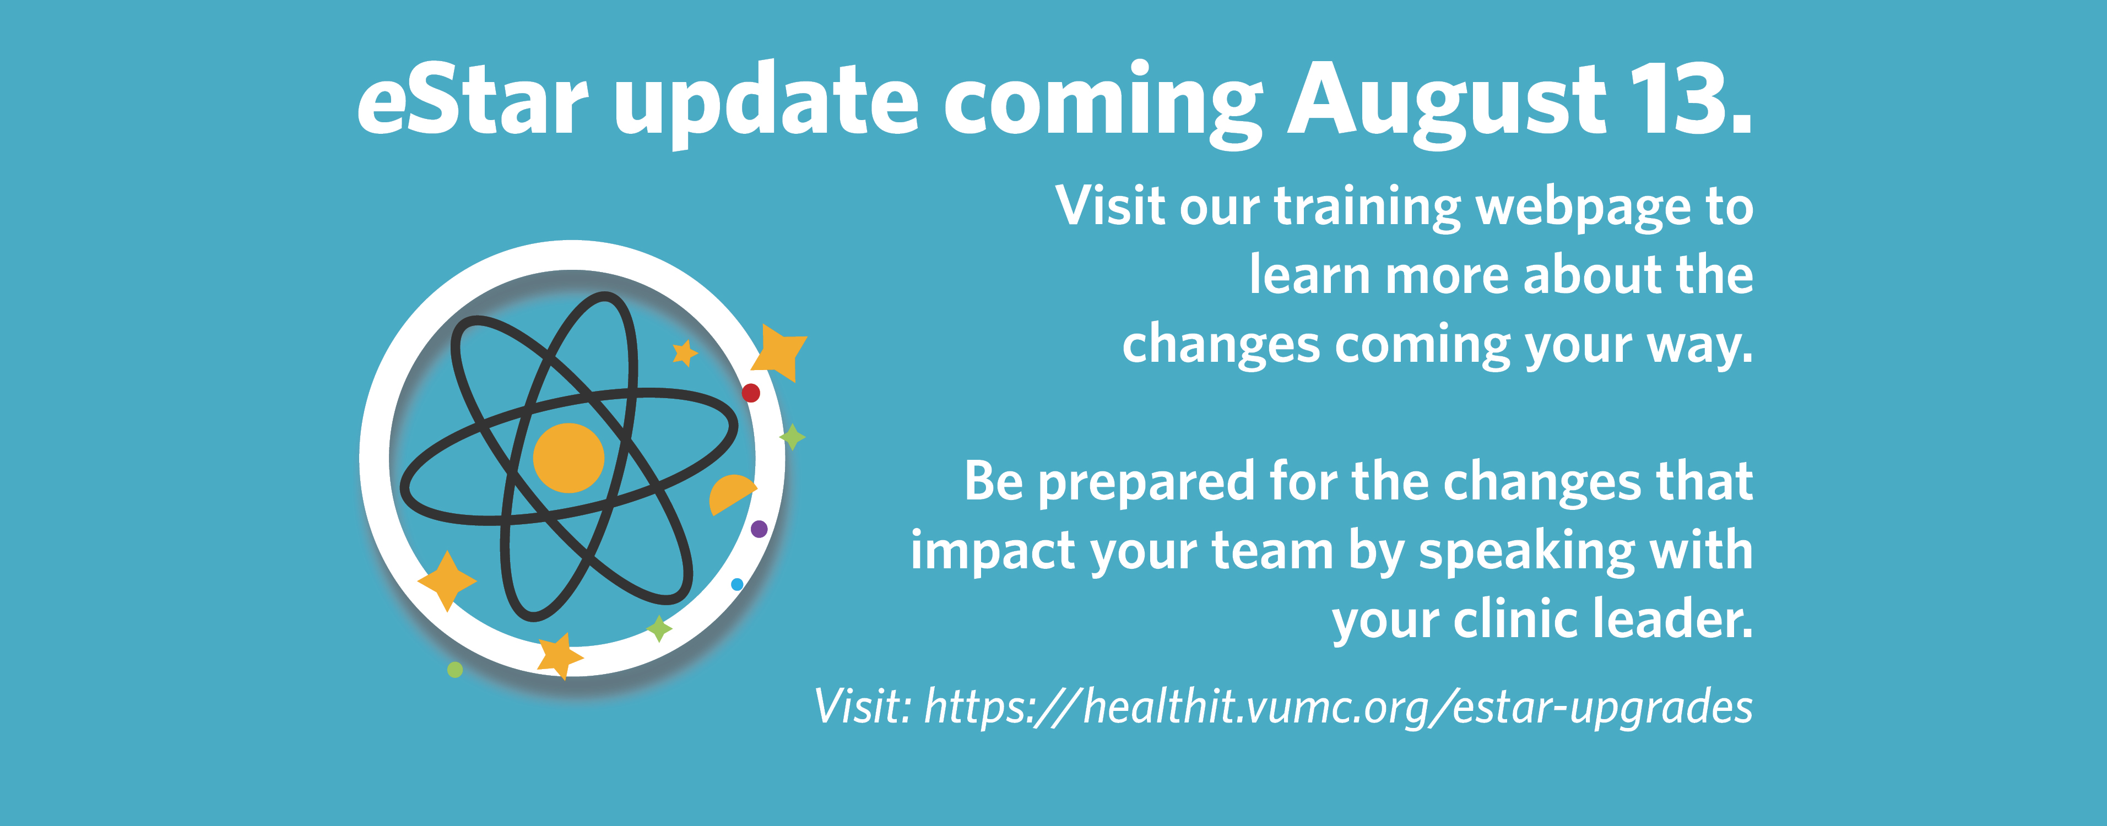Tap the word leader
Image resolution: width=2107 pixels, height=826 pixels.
click(1673, 618)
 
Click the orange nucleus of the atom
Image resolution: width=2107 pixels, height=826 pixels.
click(568, 458)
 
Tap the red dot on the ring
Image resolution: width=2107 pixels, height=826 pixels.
click(751, 393)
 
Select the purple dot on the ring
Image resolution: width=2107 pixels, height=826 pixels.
click(759, 529)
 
